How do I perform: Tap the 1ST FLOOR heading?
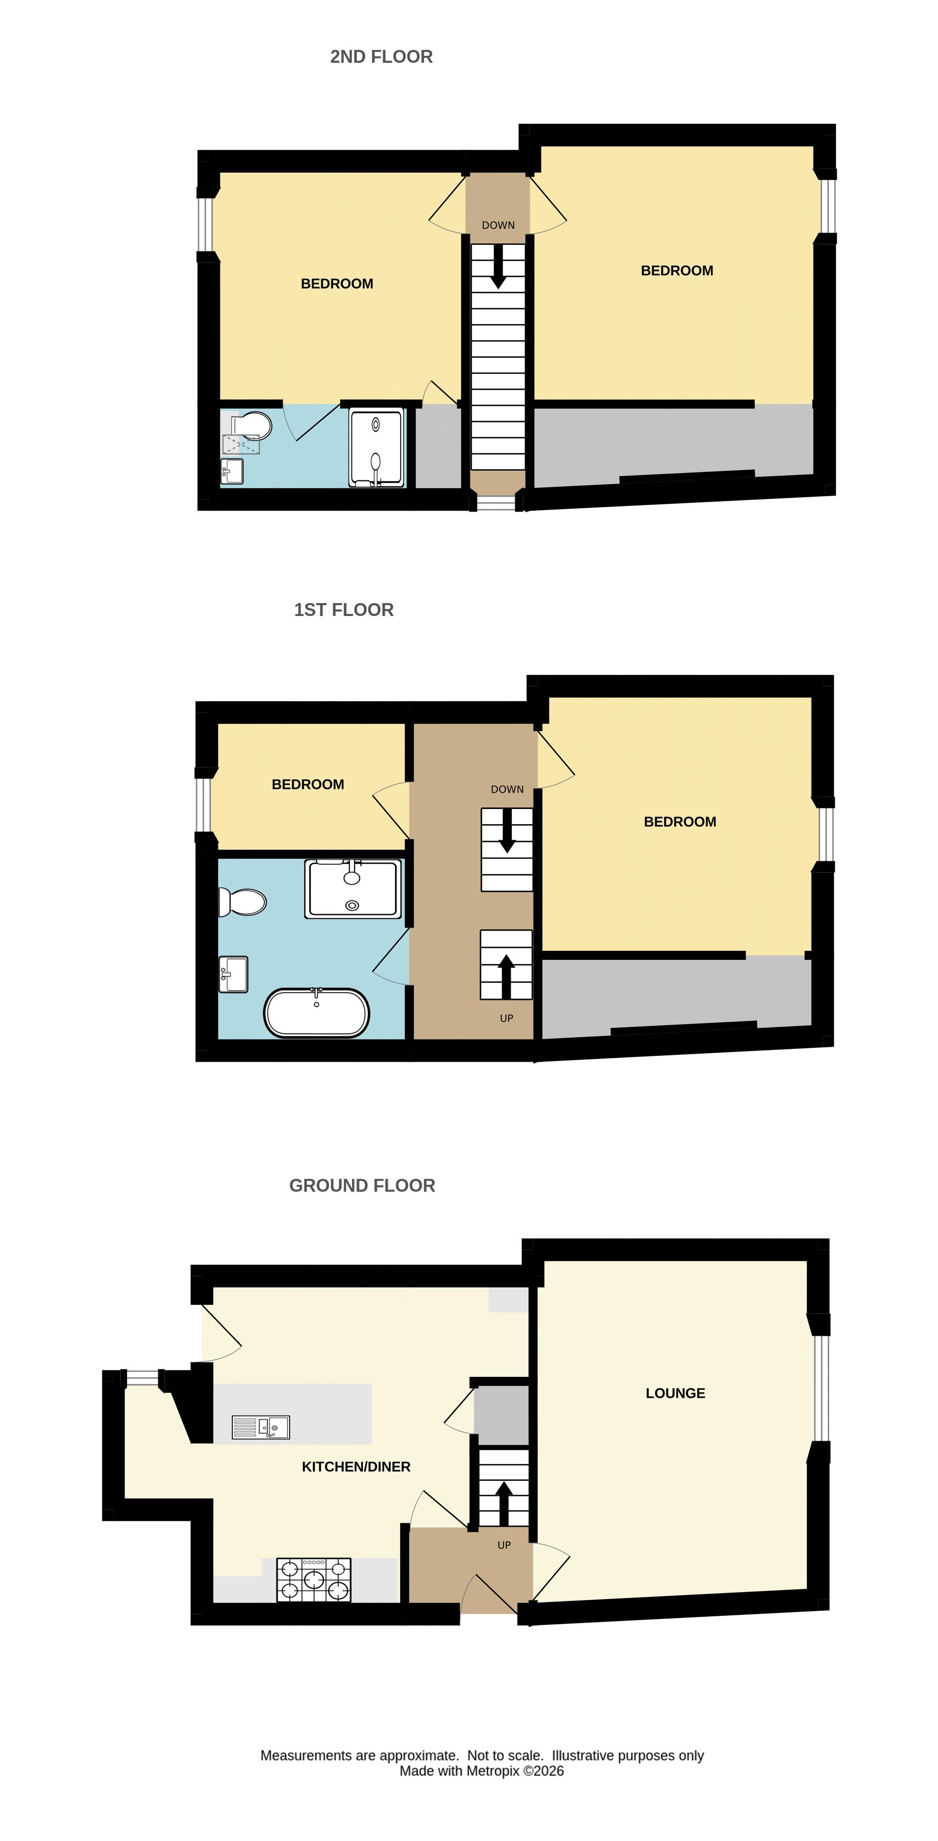click(344, 610)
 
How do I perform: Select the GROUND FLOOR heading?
click(362, 1185)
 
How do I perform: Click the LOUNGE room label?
click(675, 1393)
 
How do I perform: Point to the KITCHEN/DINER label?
click(356, 1466)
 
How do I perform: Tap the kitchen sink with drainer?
click(261, 1427)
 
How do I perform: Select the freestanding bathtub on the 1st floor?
click(316, 1013)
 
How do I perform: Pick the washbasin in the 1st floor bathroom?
click(233, 975)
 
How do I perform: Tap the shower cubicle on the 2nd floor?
click(376, 447)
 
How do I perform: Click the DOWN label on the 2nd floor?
click(498, 225)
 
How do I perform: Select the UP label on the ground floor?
click(504, 1545)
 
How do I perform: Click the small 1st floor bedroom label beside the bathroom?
click(308, 785)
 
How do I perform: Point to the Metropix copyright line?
click(482, 1771)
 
